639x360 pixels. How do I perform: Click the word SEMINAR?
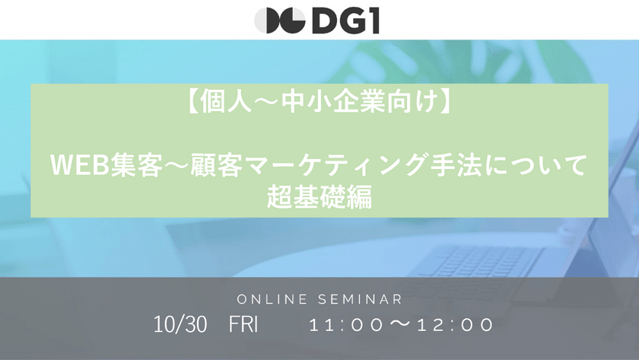[x=364, y=299]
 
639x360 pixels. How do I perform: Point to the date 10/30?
[x=180, y=325]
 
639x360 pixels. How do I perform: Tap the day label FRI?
[x=243, y=325]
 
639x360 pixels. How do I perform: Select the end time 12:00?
[x=456, y=326]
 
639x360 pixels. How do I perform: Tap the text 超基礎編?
[x=319, y=197]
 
